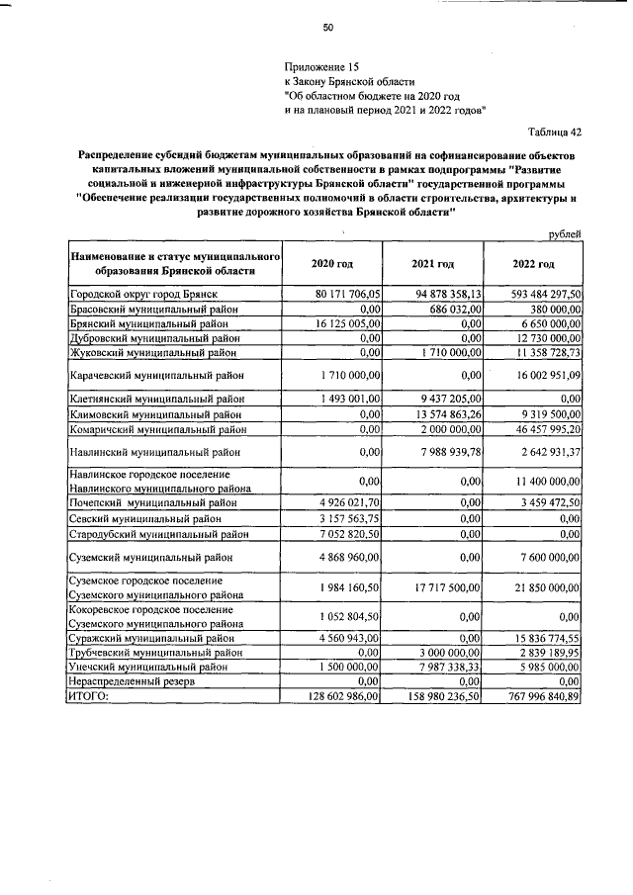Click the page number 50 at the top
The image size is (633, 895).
coord(328,27)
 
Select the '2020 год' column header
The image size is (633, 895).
coord(332,264)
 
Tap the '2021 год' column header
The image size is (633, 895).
coord(432,264)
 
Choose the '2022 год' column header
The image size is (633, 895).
coord(533,264)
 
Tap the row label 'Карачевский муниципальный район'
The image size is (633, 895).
coord(157,376)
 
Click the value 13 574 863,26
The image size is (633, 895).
coord(442,413)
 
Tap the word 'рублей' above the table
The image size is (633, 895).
coord(564,233)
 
